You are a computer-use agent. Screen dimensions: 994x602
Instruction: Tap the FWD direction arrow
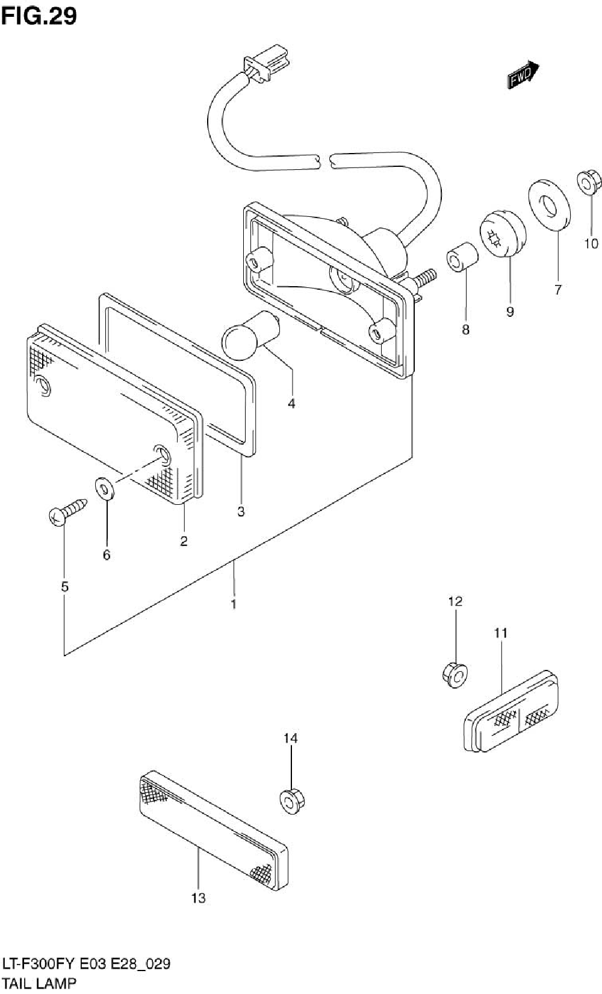(x=522, y=76)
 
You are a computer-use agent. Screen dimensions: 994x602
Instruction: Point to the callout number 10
(x=591, y=243)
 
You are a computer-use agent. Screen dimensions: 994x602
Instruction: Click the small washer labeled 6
(x=105, y=489)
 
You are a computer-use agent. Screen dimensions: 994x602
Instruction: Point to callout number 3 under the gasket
(x=241, y=512)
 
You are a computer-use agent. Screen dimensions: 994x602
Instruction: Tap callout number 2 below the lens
(x=184, y=541)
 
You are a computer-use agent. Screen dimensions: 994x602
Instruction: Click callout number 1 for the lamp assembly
(x=234, y=602)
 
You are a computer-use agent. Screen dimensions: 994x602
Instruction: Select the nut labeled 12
(x=455, y=675)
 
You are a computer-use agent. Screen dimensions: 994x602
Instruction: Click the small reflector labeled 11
(x=512, y=712)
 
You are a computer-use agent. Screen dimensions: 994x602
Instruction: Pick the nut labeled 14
(x=292, y=801)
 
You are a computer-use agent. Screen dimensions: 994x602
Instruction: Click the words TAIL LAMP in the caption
(x=39, y=983)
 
